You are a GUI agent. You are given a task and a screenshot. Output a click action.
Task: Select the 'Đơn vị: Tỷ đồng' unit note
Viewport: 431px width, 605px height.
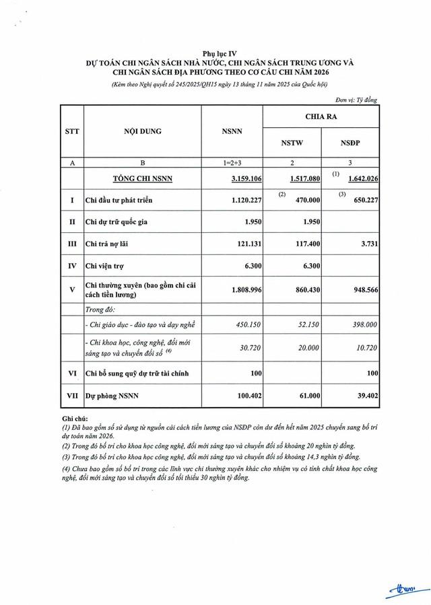tap(356, 100)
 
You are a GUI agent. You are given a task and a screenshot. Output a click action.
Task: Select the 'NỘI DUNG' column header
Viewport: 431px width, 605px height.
tap(142, 131)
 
